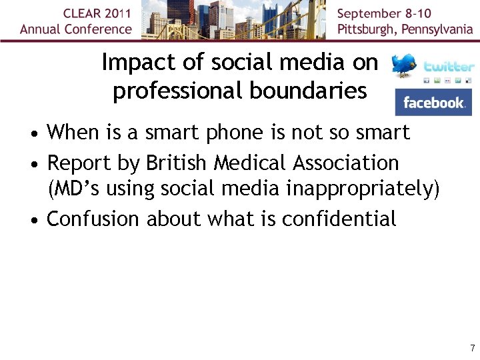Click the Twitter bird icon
tap(405, 66)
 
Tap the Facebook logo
tap(433, 103)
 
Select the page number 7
tap(472, 348)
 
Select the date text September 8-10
tap(384, 13)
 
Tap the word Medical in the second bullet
tap(249, 162)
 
